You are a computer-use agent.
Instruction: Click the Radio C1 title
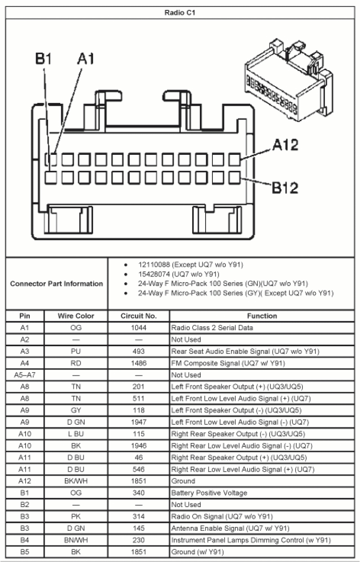[x=180, y=13]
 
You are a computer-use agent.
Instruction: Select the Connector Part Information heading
[x=56, y=284]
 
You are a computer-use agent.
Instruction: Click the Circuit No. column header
[x=139, y=316]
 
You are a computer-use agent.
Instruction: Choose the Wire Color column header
[x=76, y=316]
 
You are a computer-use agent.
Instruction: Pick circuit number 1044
[x=139, y=328]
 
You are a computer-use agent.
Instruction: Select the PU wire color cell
[x=76, y=351]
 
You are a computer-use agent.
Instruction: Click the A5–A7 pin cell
[x=25, y=375]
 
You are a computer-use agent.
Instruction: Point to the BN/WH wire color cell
[x=76, y=540]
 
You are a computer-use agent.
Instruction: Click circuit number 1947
[x=139, y=422]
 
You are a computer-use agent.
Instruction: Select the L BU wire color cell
[x=76, y=434]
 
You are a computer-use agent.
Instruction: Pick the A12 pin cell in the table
[x=25, y=481]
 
